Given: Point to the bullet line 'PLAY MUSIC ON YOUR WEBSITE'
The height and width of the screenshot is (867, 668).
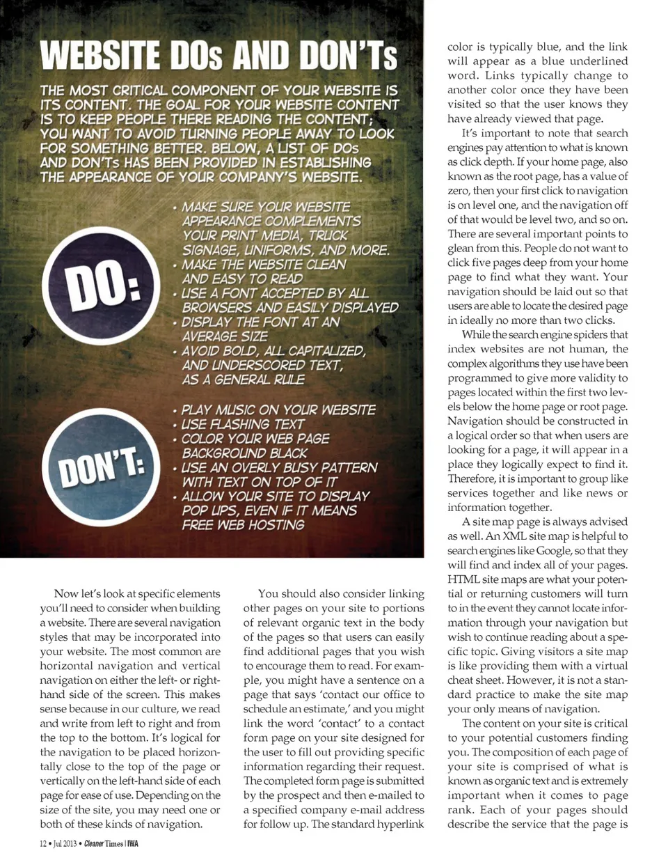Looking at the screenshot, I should (278, 409).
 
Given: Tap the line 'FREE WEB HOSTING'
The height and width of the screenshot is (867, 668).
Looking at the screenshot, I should (243, 524).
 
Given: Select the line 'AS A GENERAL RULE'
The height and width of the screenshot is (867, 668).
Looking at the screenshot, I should (243, 380).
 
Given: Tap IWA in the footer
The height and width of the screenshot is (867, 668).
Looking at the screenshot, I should (132, 844).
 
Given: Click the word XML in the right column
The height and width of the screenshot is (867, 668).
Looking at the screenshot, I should (515, 536).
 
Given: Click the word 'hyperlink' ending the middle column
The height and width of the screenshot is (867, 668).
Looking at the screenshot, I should (401, 824).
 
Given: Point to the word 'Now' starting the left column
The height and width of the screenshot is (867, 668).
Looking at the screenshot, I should (66, 593).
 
